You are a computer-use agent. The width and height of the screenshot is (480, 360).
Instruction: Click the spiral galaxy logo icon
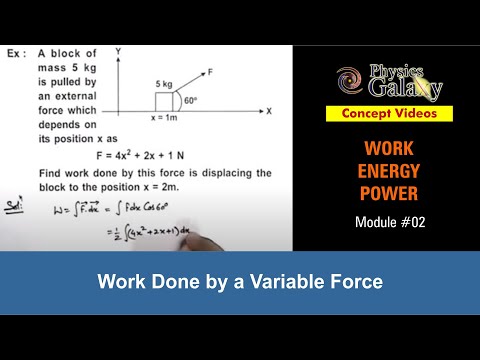(x=351, y=79)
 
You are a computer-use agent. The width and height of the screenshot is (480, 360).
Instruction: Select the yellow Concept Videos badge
(x=394, y=114)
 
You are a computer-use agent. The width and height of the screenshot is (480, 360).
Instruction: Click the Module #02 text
(x=393, y=221)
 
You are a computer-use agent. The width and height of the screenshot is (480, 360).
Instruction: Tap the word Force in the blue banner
(x=356, y=282)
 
